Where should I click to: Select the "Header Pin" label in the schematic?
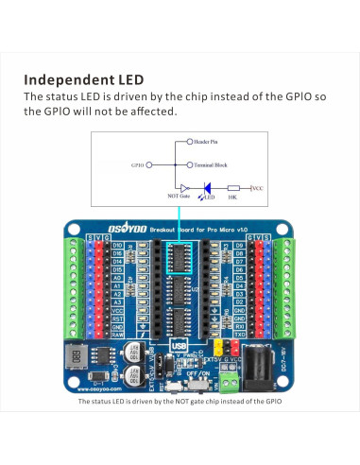click(x=207, y=143)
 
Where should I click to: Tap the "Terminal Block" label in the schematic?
click(x=209, y=164)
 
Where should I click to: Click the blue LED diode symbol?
click(x=207, y=188)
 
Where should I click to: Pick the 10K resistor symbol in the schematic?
click(x=233, y=188)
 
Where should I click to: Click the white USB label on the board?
click(x=180, y=346)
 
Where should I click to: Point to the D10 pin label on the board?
click(x=117, y=248)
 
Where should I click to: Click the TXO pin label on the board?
click(x=239, y=334)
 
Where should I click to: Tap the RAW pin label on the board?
click(x=117, y=334)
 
